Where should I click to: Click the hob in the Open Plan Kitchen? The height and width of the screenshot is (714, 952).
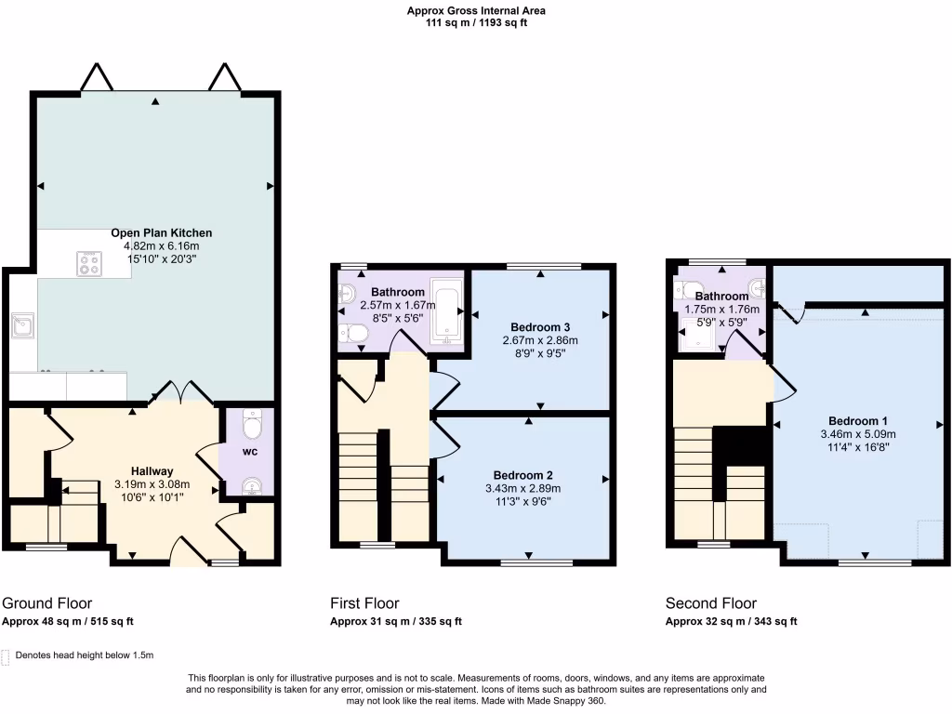coord(90,264)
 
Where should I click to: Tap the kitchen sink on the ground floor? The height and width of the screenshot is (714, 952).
coord(21,326)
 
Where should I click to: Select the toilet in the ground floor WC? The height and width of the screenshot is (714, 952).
coord(251,427)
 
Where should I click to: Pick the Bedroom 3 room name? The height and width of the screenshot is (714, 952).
coord(540,326)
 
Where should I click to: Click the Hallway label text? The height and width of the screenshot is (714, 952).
coord(152,470)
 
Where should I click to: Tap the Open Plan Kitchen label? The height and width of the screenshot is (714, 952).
coord(162,232)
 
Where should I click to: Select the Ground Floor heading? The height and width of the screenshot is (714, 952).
coord(47,603)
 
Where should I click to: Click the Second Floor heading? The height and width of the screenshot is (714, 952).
coord(711,603)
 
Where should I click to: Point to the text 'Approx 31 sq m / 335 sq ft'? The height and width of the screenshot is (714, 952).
coord(396,622)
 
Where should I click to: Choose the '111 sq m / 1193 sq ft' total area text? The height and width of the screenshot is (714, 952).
coord(476,23)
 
